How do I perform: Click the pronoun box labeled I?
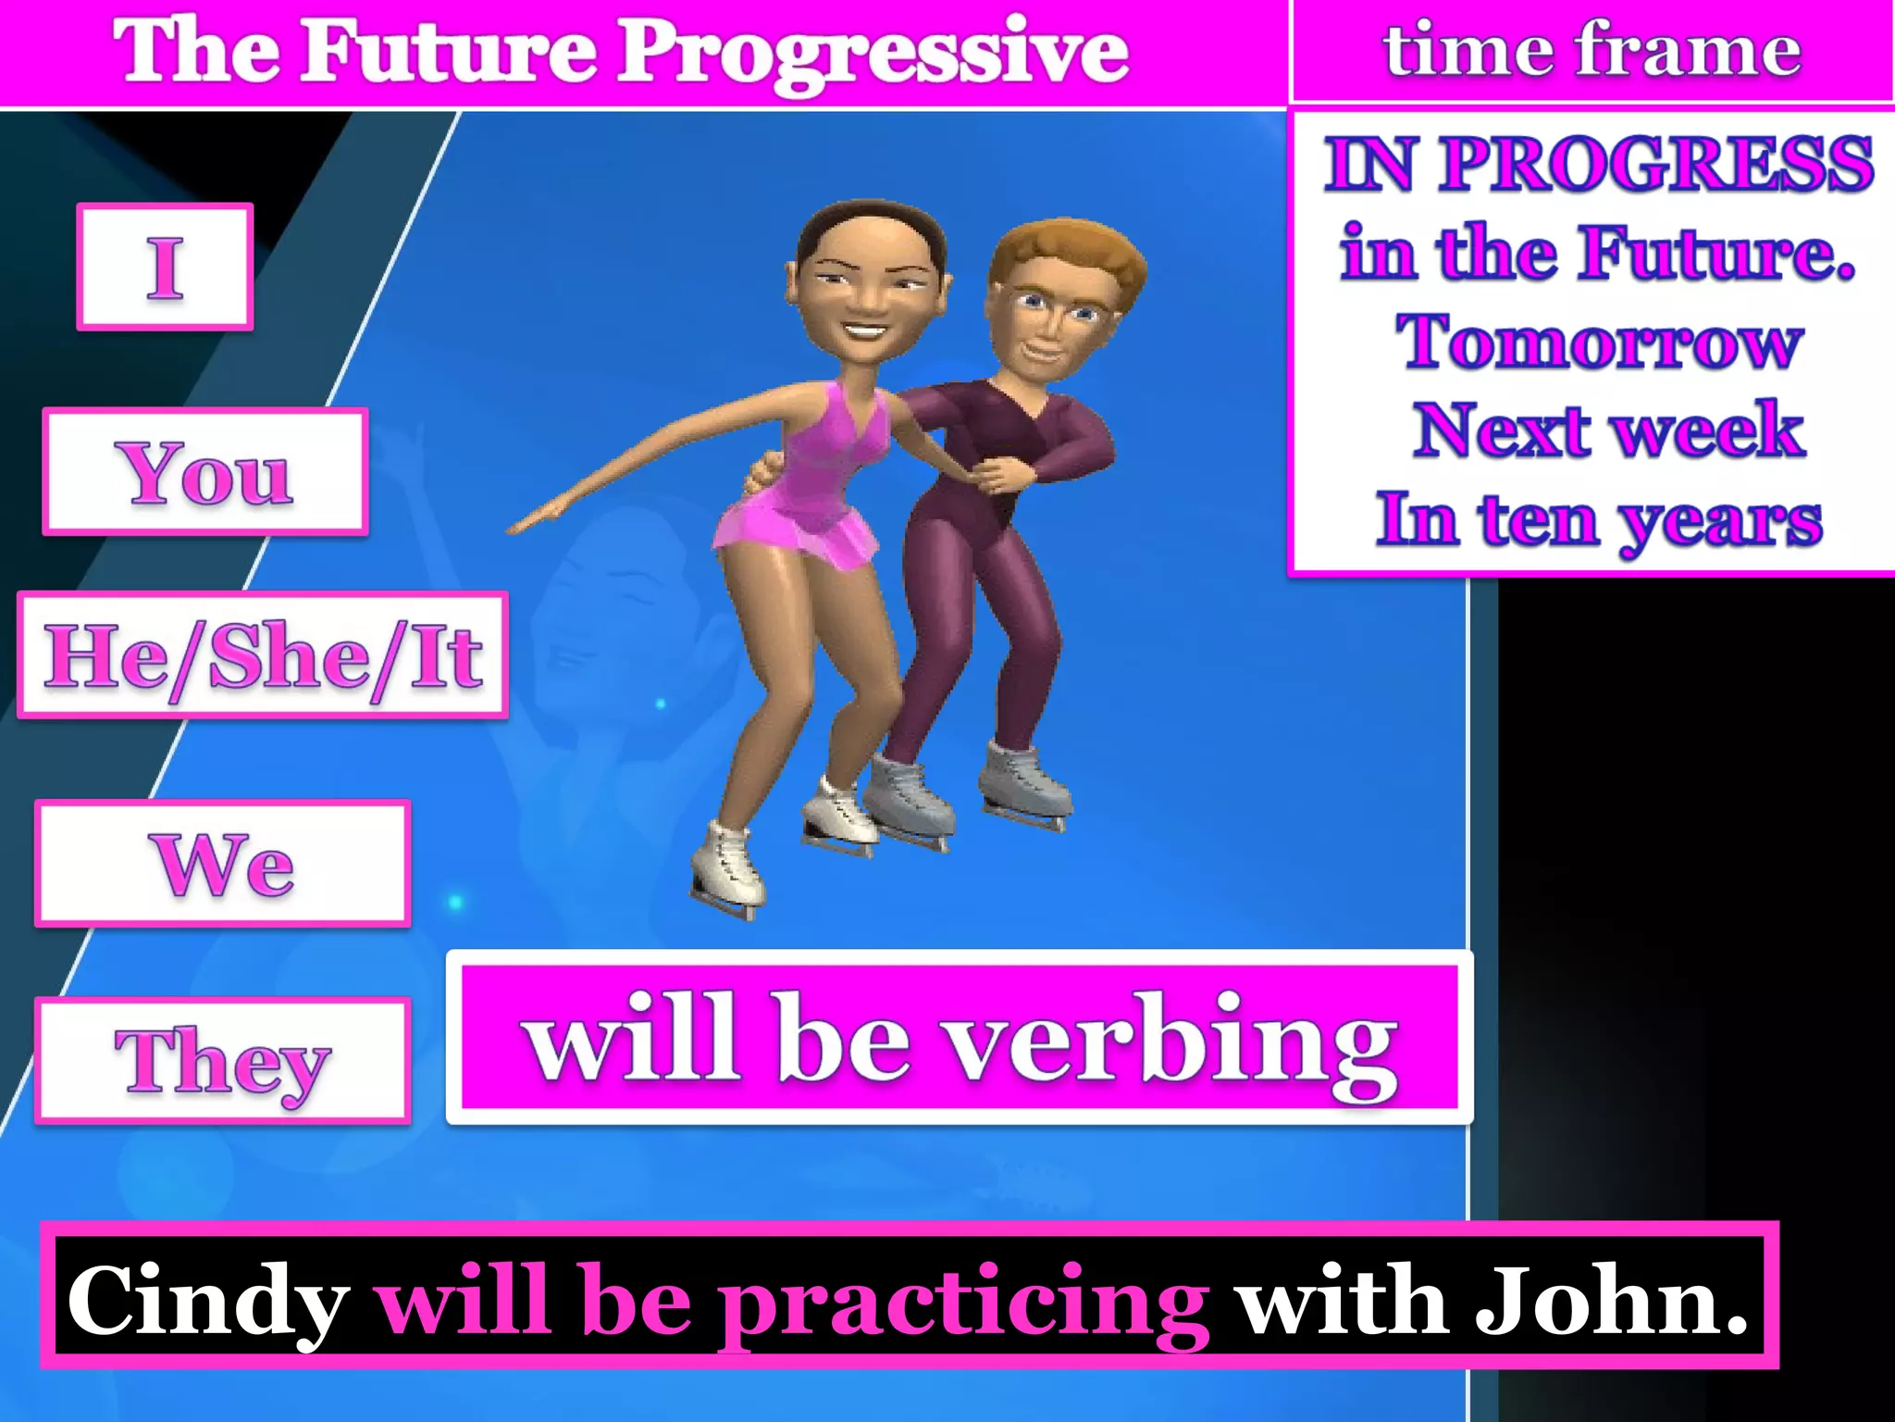[x=165, y=267]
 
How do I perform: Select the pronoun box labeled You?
[x=205, y=472]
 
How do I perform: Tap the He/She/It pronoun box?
[x=263, y=655]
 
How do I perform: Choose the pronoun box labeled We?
[x=222, y=863]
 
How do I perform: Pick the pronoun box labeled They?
[x=222, y=1061]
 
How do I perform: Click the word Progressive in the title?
[x=873, y=52]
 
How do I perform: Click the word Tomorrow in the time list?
[x=1599, y=343]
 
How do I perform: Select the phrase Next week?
[x=1608, y=430]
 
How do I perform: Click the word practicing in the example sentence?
[x=964, y=1300]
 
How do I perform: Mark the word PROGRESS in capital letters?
[x=1656, y=165]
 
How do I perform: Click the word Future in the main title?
[x=450, y=52]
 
